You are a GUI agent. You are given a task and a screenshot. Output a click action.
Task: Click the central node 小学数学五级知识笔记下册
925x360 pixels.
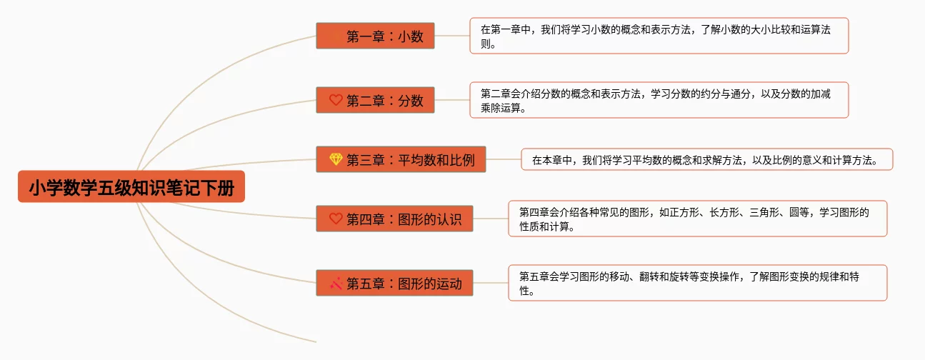pos(131,186)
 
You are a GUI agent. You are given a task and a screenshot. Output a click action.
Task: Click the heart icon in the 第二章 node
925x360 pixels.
pos(336,100)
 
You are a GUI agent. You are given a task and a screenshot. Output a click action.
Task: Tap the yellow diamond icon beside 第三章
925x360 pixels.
pos(336,159)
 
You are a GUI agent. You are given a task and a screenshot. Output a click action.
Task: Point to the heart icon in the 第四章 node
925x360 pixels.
pos(336,219)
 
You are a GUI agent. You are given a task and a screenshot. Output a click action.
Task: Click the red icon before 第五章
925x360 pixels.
pos(336,283)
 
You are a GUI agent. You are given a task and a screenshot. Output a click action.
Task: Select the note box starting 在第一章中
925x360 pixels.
pos(659,36)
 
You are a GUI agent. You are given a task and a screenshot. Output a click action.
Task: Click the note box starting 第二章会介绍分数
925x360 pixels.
pos(659,100)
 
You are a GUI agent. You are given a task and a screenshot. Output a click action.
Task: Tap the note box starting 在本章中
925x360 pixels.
pos(706,159)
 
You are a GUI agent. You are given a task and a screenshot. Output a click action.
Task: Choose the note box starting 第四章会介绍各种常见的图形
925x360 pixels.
pos(697,219)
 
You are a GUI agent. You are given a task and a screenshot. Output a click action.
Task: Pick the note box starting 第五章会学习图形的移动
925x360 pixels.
pos(697,283)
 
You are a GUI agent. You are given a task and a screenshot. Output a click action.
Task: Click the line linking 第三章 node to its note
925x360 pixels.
pos(503,159)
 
